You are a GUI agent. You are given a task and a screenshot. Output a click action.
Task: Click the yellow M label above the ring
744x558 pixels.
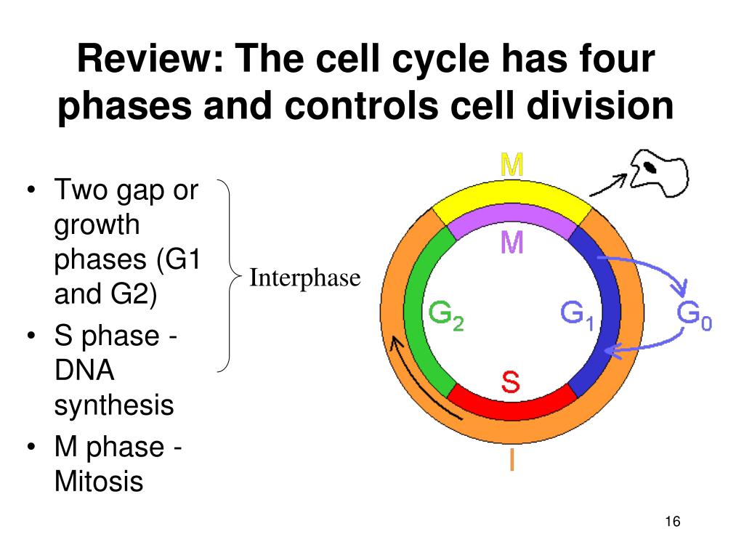511,166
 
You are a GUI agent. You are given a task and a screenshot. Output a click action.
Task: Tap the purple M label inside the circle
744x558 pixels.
511,243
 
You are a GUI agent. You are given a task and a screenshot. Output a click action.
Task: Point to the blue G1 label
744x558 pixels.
578,314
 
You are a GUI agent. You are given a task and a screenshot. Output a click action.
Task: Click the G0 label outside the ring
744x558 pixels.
694,315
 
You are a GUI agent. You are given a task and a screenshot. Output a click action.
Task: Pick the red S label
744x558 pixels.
511,382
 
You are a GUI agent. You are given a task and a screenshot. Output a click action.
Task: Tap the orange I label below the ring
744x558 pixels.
511,460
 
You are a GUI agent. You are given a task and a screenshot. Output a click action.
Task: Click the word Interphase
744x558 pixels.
305,278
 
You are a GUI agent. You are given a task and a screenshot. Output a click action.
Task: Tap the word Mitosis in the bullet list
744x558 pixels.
99,481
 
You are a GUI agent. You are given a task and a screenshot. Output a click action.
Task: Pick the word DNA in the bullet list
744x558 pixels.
84,371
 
